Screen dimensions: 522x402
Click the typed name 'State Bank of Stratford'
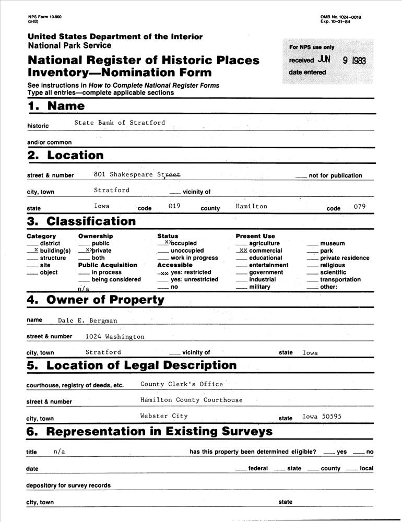pyautogui.click(x=120, y=123)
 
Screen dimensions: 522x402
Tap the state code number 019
pyautogui.click(x=174, y=206)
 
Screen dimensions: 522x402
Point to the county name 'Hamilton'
pyautogui.click(x=251, y=206)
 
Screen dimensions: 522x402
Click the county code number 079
pyautogui.click(x=360, y=206)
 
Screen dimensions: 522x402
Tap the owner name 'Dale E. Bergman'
pyautogui.click(x=88, y=320)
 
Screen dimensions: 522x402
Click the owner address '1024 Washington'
pyautogui.click(x=115, y=337)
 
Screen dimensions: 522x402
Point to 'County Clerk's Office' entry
pyautogui.click(x=182, y=384)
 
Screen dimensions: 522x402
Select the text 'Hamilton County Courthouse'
pyautogui.click(x=192, y=400)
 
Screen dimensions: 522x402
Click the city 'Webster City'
pyautogui.click(x=164, y=416)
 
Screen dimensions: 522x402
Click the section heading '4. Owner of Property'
pyautogui.click(x=96, y=300)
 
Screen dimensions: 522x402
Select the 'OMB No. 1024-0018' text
pyautogui.click(x=340, y=17)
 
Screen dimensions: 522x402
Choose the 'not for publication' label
pyautogui.click(x=335, y=176)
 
